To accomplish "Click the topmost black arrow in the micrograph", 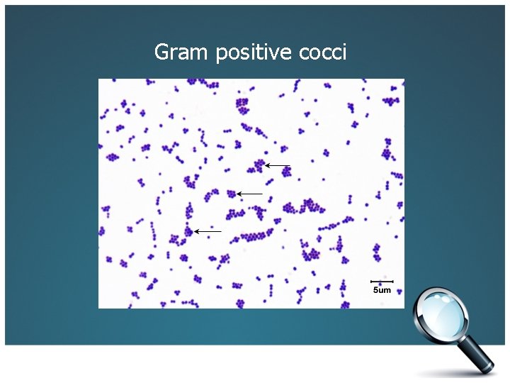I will pos(278,166).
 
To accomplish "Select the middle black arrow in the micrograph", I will pos(250,194).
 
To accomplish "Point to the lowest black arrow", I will pos(208,231).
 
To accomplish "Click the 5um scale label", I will pos(382,290).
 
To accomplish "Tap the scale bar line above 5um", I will pos(382,282).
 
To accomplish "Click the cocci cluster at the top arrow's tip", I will pos(259,166).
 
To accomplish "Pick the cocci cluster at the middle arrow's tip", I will pos(231,193).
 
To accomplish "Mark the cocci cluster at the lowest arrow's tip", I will pos(188,231).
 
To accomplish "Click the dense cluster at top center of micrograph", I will pos(243,106).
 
